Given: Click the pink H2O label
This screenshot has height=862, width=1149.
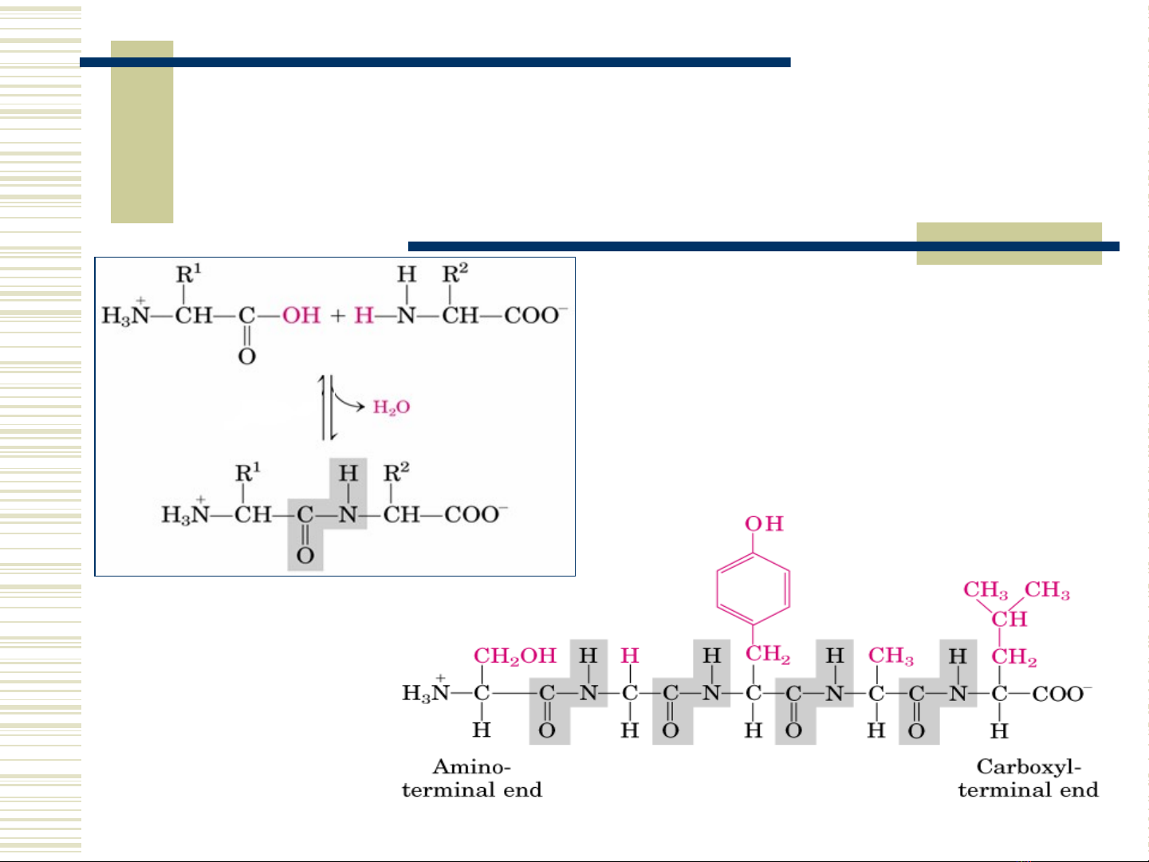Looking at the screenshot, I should (x=391, y=407).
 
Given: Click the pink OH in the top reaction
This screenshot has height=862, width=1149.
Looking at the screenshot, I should (x=301, y=316).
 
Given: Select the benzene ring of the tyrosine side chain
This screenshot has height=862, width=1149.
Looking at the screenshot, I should (x=754, y=589).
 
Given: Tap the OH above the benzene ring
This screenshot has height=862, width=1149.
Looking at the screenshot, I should (x=764, y=524).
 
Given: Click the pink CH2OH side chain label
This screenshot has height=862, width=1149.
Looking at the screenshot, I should (x=514, y=655).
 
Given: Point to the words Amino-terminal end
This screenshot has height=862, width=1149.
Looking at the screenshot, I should (x=472, y=778).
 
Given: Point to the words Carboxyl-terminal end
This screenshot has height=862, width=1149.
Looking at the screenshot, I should (x=1028, y=778).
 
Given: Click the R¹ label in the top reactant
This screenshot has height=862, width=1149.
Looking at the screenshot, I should (x=188, y=274).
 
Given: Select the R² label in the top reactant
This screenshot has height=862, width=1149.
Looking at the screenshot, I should (x=454, y=274).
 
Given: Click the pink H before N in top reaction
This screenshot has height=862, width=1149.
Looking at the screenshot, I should (x=364, y=316).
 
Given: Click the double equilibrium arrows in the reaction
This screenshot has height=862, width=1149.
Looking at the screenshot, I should (x=328, y=407).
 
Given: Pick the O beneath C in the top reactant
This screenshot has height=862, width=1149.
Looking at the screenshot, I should (x=247, y=356).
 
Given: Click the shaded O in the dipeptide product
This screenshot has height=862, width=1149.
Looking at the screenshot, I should (x=305, y=555).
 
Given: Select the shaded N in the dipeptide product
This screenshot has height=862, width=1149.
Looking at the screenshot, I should (x=348, y=515).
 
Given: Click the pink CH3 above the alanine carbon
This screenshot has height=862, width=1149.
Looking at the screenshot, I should (x=891, y=655).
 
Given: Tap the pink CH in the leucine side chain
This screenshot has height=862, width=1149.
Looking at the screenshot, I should (x=1009, y=619).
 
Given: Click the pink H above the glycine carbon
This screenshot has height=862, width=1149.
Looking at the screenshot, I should (x=630, y=655).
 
